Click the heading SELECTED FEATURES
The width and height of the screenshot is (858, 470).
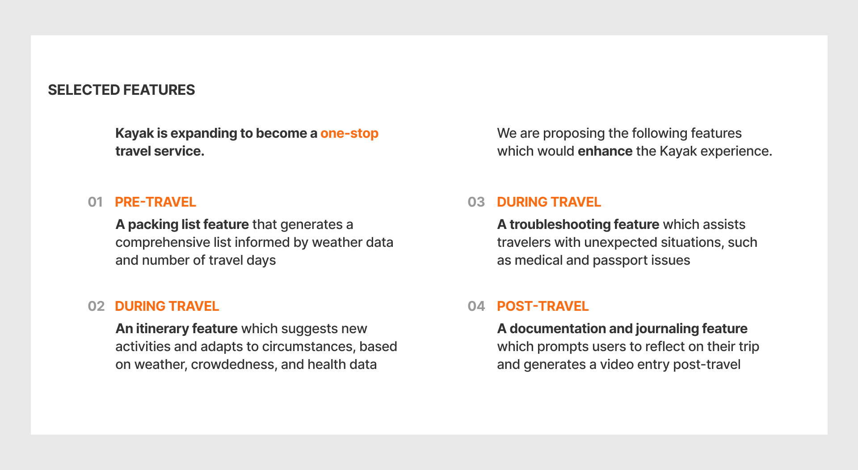click(x=122, y=90)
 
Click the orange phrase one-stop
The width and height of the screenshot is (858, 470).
click(x=349, y=133)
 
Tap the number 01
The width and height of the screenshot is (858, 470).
click(x=95, y=202)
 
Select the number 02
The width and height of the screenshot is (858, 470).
click(x=96, y=306)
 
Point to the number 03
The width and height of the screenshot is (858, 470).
click(x=476, y=202)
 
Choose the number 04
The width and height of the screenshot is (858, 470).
click(x=476, y=306)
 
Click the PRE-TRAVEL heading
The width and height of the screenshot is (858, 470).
click(x=156, y=202)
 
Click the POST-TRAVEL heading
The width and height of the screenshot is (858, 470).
click(x=543, y=306)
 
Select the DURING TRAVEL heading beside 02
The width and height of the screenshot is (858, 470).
click(x=167, y=306)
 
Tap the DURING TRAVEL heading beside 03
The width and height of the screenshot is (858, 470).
click(x=549, y=202)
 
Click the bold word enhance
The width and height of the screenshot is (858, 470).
click(x=605, y=151)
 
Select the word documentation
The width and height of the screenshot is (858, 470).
click(x=557, y=329)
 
